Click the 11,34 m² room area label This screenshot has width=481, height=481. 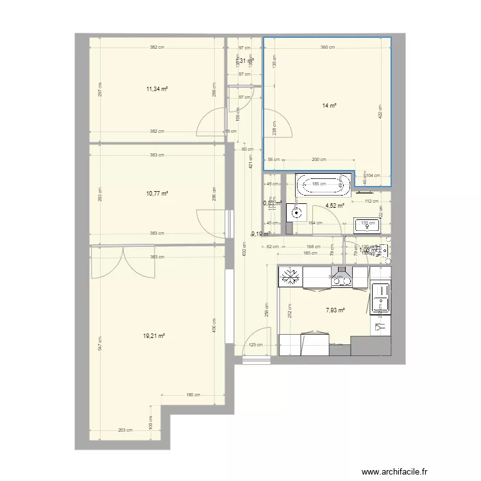[157, 89]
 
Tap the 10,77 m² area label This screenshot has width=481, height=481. [157, 193]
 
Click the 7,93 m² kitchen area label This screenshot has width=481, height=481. [335, 310]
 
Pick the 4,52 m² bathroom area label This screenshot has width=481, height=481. [335, 206]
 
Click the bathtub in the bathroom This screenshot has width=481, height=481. [324, 185]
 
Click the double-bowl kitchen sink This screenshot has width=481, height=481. [381, 298]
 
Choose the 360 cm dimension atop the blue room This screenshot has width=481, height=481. [327, 47]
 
